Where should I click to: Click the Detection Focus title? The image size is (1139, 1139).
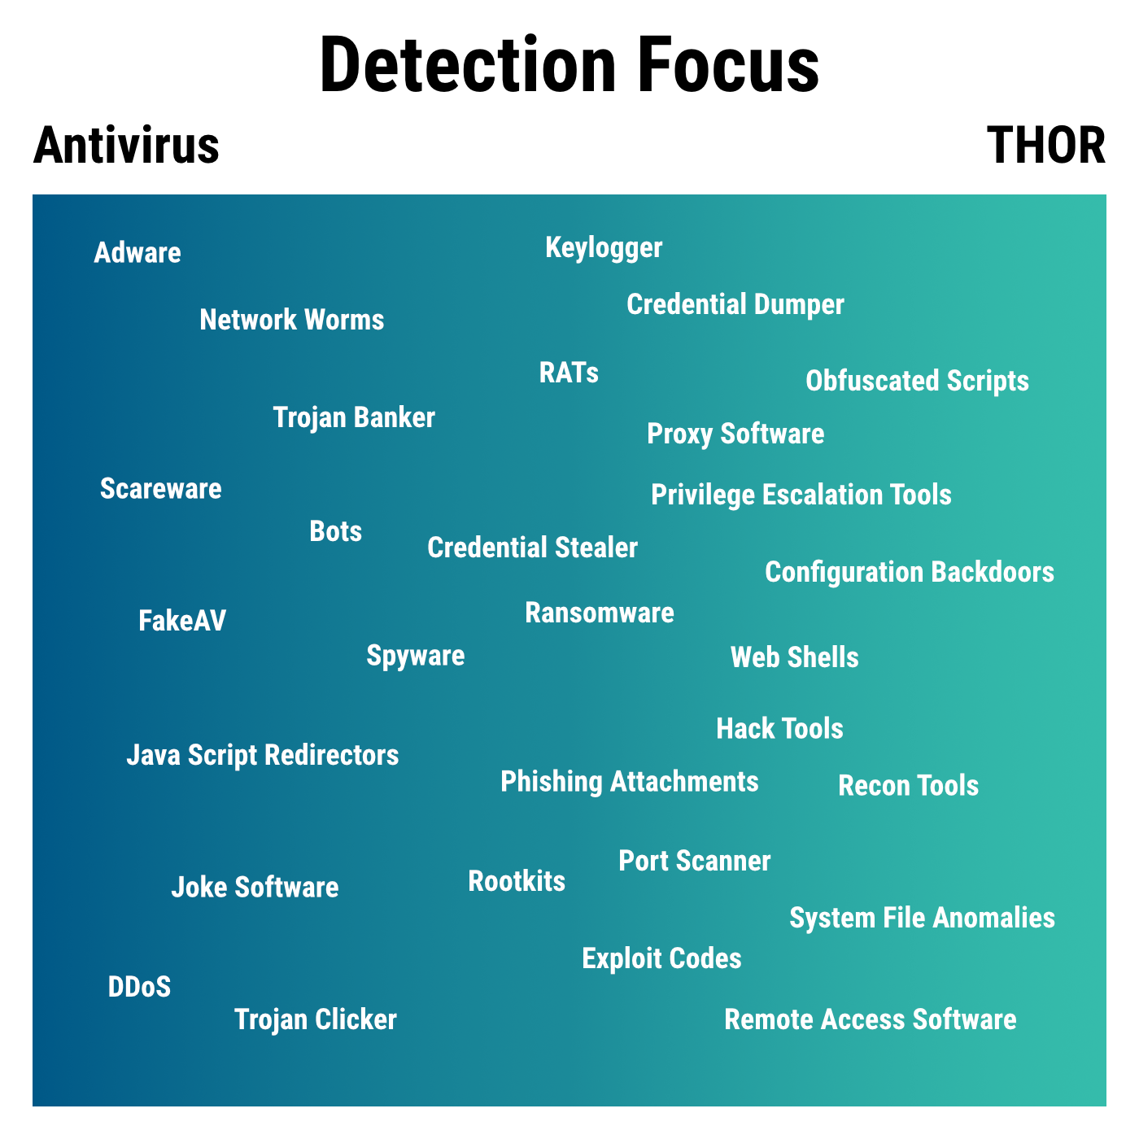click(x=569, y=64)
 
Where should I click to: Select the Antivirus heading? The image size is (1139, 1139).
click(x=126, y=145)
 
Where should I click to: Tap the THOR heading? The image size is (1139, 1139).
click(x=1045, y=145)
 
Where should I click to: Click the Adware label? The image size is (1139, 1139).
click(x=137, y=252)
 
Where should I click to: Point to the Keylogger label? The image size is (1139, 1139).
click(x=604, y=247)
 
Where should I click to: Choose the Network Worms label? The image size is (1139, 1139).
click(x=291, y=320)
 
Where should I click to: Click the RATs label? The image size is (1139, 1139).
click(x=569, y=373)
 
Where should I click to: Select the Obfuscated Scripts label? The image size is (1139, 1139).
click(x=917, y=382)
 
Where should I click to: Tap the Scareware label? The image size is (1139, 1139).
click(x=161, y=489)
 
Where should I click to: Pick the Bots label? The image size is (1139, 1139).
click(x=335, y=531)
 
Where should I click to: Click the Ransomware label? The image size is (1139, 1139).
click(x=600, y=613)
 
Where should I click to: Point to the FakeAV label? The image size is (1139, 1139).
click(x=182, y=622)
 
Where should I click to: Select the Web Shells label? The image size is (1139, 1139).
click(x=794, y=657)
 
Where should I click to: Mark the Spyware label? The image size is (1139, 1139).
click(x=416, y=656)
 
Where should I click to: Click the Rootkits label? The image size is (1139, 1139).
click(x=517, y=881)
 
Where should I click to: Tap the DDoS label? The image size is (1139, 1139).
click(x=139, y=987)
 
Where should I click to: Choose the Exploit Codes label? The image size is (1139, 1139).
click(x=661, y=958)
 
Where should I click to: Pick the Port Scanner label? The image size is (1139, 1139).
click(x=695, y=861)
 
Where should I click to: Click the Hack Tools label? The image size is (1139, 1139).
click(x=779, y=728)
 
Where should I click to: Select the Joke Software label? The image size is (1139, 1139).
click(x=255, y=888)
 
